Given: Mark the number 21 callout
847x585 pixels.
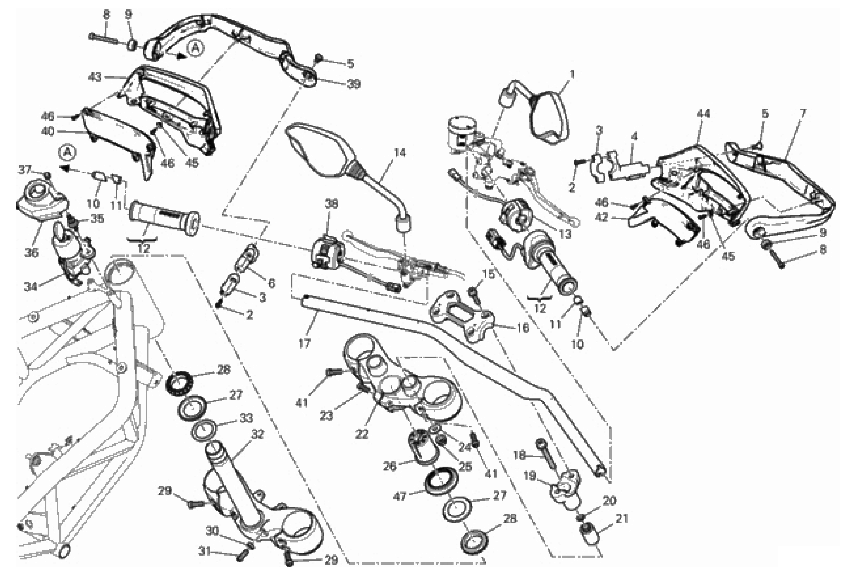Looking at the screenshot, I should point(622,519).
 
